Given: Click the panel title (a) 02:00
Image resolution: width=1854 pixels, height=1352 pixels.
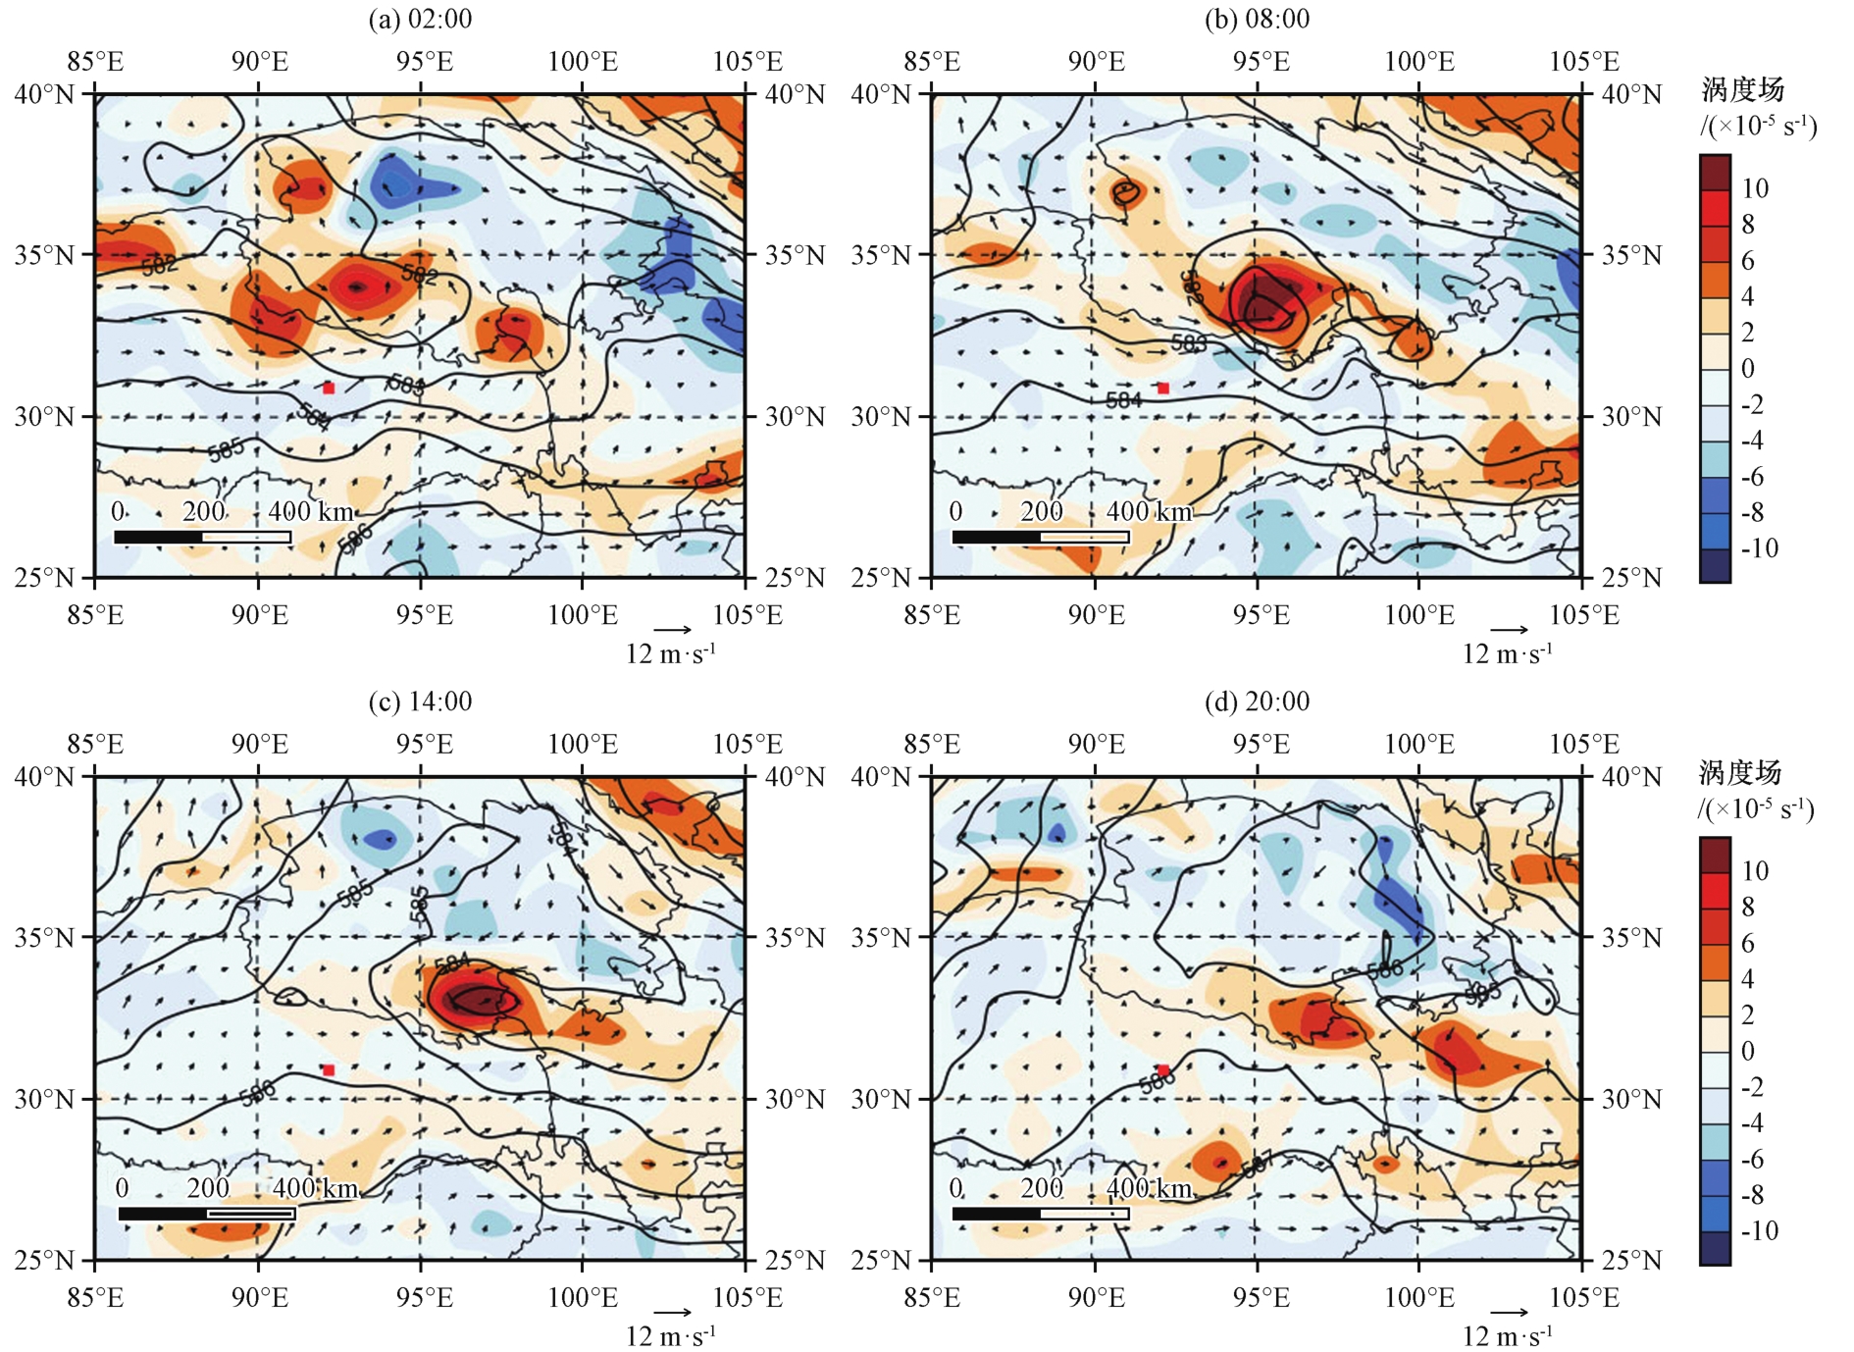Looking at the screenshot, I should [x=420, y=19].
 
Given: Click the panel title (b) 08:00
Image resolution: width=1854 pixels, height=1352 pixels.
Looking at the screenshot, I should [x=1257, y=19].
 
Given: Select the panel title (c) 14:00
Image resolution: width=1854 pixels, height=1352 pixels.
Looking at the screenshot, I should [x=420, y=702].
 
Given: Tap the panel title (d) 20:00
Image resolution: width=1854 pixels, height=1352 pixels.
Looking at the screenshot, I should [x=1257, y=702].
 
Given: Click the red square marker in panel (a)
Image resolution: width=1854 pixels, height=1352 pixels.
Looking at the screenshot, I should [x=329, y=389].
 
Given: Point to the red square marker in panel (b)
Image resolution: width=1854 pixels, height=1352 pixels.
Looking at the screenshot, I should [x=1163, y=389].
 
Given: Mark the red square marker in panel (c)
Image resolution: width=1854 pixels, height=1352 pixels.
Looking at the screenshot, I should [x=329, y=1070].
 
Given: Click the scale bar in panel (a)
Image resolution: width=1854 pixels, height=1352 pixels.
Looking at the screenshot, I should [x=203, y=537].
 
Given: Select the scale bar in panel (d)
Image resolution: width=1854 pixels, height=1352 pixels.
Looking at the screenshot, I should [x=1040, y=1214].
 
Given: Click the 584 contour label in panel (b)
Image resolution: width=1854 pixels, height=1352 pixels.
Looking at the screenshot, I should [x=1123, y=400].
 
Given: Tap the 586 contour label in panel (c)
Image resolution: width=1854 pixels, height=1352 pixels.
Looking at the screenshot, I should [x=257, y=1092].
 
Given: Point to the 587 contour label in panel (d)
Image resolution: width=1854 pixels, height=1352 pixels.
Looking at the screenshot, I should [x=1257, y=1165].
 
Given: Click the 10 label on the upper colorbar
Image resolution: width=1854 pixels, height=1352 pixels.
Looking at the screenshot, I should [x=1755, y=188].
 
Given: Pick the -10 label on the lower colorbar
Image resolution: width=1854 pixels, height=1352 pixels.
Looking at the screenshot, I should [x=1758, y=1230].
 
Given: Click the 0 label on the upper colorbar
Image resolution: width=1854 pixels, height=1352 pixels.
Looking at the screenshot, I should [x=1748, y=369].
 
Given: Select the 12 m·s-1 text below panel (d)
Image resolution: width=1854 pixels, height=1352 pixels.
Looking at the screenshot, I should [x=1508, y=1336].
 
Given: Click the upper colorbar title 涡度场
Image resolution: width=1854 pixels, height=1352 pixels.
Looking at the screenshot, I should [x=1742, y=90].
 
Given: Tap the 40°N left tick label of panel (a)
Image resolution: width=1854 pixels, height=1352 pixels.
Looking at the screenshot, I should [x=43, y=95].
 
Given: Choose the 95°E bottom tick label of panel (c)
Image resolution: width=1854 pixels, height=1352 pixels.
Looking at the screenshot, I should [x=424, y=1298].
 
